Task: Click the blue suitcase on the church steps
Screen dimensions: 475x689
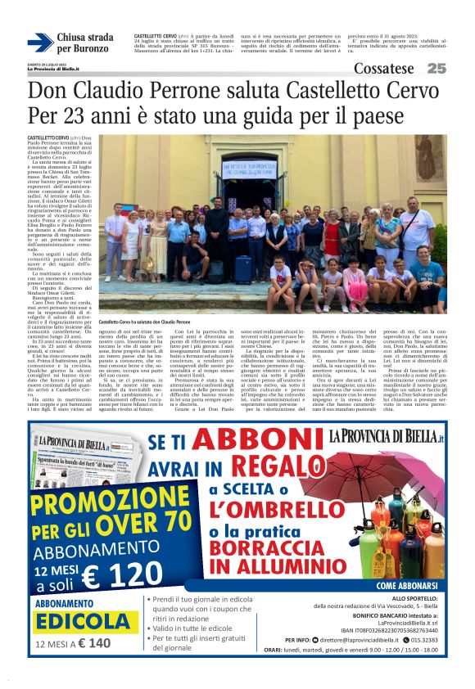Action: click(243, 268)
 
